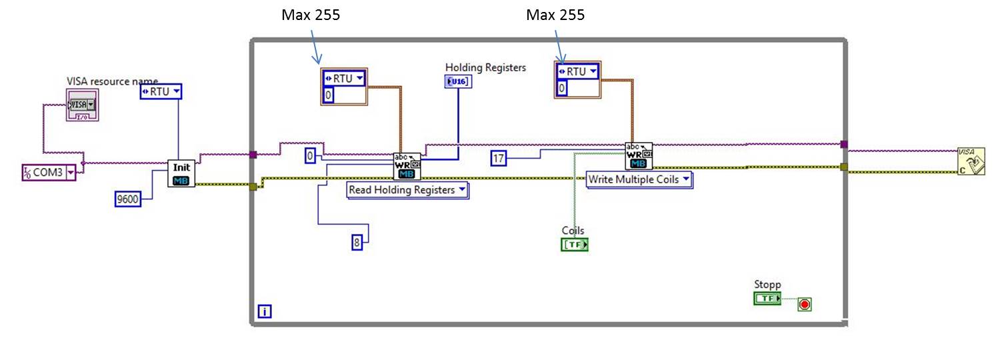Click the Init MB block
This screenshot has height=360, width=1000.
(181, 173)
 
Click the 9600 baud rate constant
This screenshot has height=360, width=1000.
(128, 198)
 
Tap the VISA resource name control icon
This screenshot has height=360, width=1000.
(81, 105)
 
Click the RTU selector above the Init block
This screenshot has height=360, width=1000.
(161, 91)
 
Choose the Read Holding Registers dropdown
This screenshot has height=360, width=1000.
(407, 190)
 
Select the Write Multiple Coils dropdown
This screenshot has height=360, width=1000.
(639, 179)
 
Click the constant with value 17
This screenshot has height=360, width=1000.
(499, 158)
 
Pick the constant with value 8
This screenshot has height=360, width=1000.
(357, 243)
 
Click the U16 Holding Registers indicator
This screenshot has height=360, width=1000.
(458, 81)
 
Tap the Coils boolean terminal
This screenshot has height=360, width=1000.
(575, 245)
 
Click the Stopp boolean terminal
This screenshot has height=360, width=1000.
(767, 299)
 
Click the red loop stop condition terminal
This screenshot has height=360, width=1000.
(805, 305)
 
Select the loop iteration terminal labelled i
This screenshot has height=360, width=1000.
(265, 311)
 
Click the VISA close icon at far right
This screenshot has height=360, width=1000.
(971, 161)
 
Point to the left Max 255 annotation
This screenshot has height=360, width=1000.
(311, 15)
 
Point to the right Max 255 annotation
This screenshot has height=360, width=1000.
(555, 15)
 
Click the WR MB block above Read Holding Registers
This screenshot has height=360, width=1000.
(407, 166)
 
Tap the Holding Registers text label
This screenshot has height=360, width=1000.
(485, 67)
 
